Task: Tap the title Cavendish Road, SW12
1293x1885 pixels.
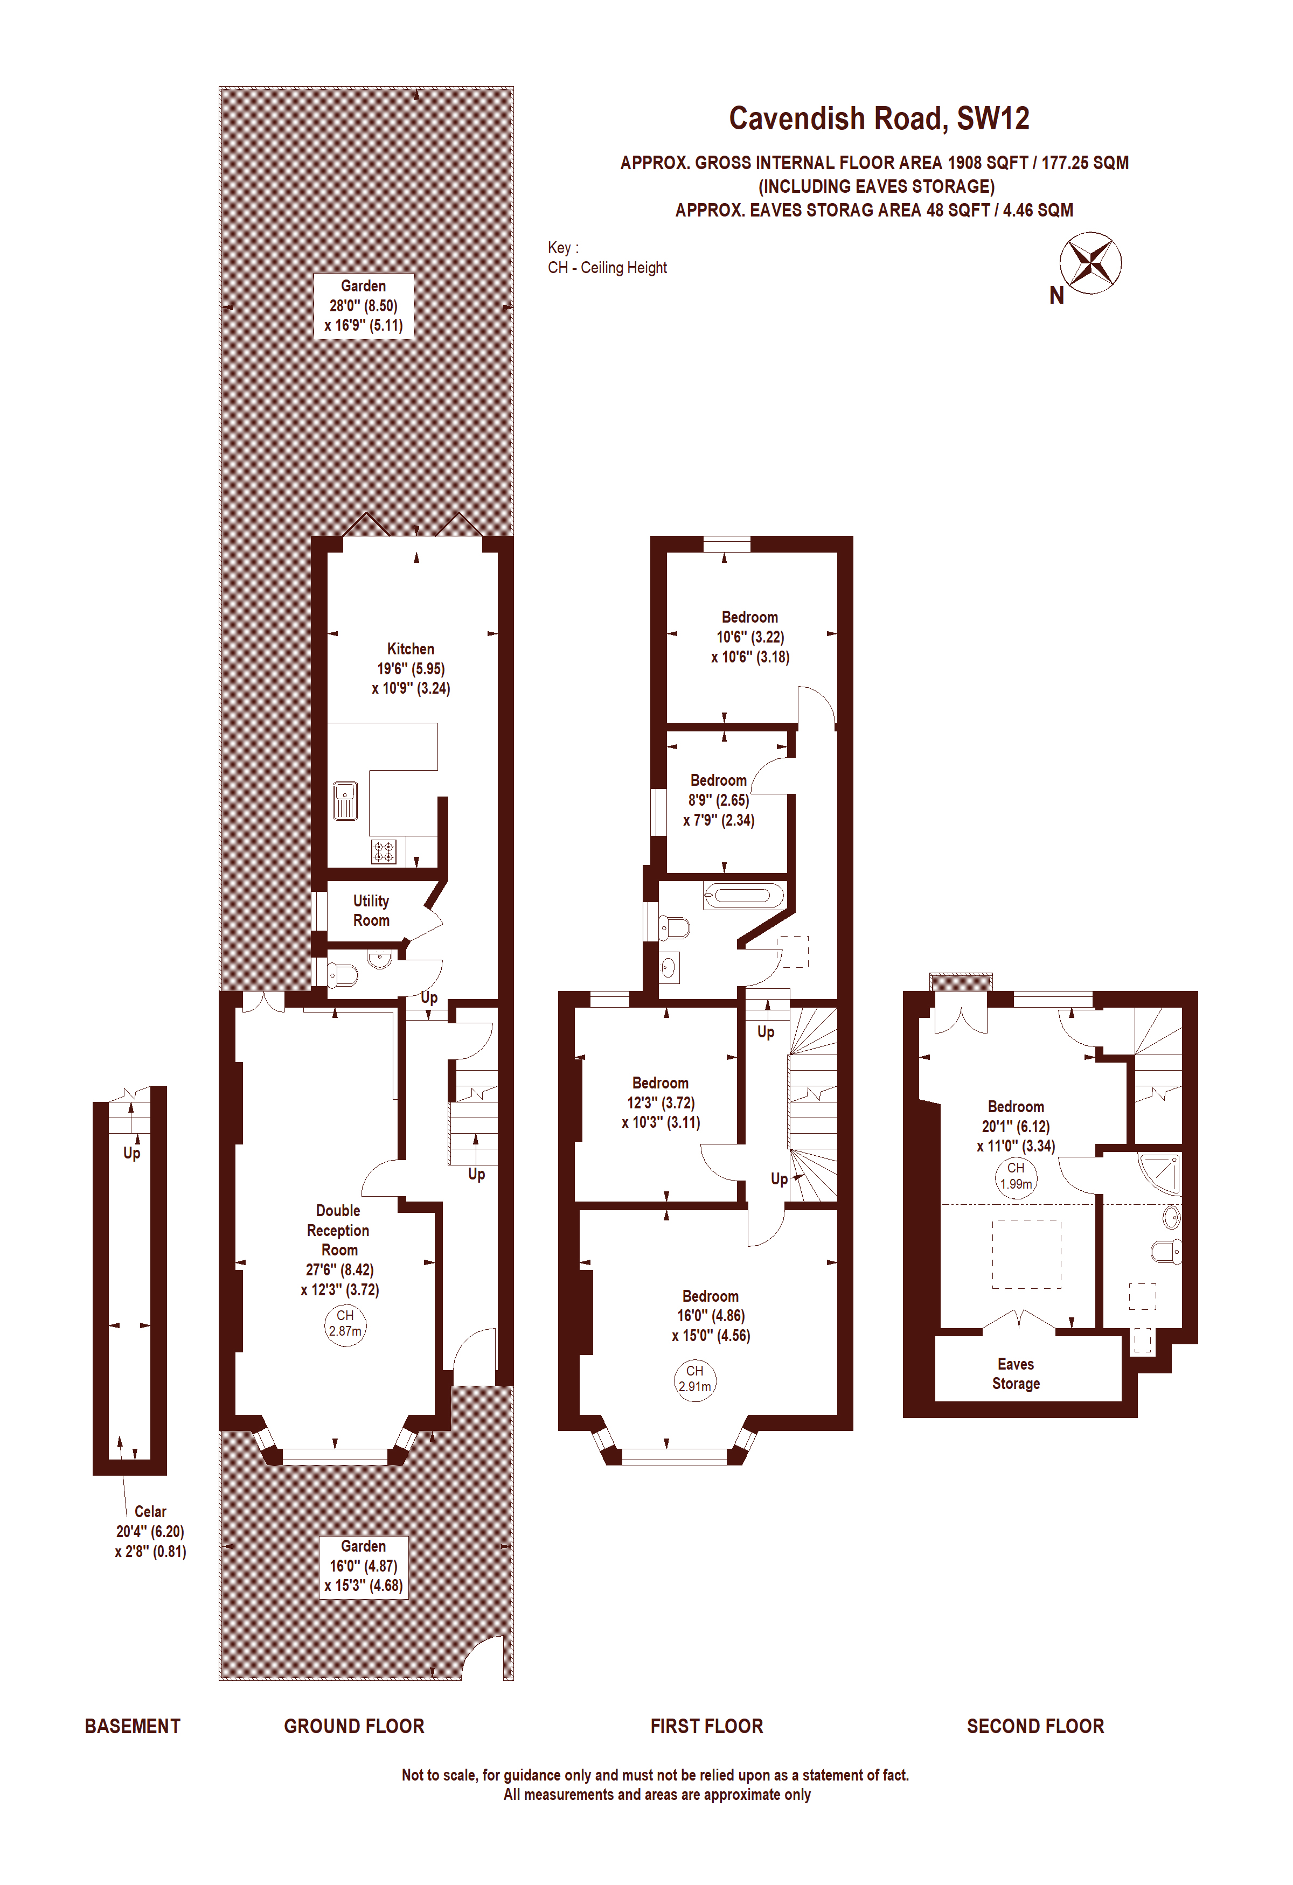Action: (x=879, y=118)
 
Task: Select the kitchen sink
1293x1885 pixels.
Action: (x=345, y=800)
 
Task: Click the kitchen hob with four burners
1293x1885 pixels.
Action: (x=384, y=851)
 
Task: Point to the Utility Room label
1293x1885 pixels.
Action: (x=371, y=910)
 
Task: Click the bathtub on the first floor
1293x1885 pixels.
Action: (x=744, y=896)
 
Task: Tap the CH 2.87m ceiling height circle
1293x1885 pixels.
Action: (x=345, y=1323)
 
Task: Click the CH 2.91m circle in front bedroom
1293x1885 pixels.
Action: (x=694, y=1378)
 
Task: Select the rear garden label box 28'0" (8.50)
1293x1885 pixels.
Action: (x=364, y=306)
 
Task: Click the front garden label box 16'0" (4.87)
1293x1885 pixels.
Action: (x=364, y=1566)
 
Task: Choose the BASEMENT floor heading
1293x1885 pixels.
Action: (x=132, y=1726)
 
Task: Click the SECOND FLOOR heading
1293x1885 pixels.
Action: (x=1035, y=1726)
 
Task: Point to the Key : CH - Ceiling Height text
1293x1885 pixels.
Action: (x=606, y=258)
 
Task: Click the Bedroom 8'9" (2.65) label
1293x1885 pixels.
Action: (x=719, y=800)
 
